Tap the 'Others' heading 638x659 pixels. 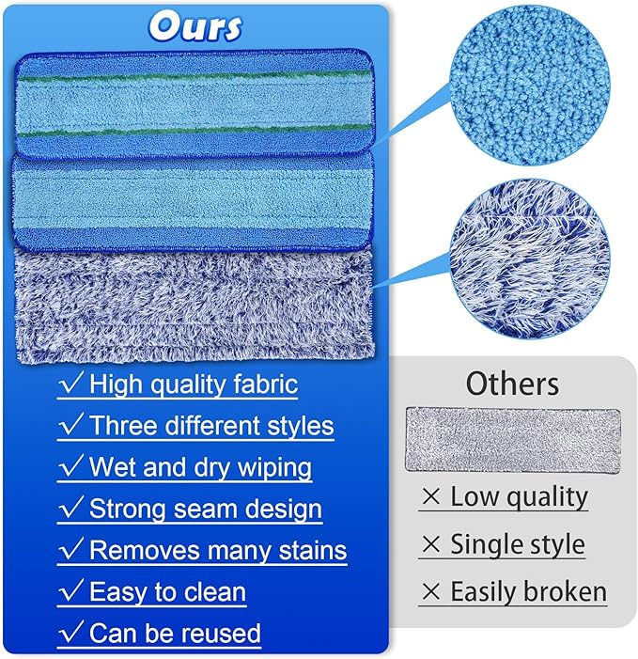click(x=512, y=384)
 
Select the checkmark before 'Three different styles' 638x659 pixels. click(x=70, y=425)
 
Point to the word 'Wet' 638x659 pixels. click(x=113, y=467)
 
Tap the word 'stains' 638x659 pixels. click(x=305, y=550)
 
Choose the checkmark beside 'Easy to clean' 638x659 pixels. click(x=70, y=592)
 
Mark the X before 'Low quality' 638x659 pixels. click(x=431, y=497)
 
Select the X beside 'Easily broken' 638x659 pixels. click(x=431, y=592)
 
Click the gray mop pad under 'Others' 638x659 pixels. click(x=512, y=439)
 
